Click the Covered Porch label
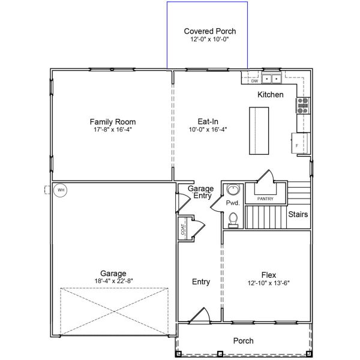[x=209, y=31]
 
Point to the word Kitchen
[x=270, y=95]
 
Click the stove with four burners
[x=302, y=106]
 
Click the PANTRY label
[x=265, y=199]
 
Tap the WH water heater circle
[x=60, y=191]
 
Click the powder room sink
[x=233, y=191]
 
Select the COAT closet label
[x=182, y=230]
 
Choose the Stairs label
[x=298, y=214]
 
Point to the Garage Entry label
[x=201, y=192]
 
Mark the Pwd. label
[x=233, y=203]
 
